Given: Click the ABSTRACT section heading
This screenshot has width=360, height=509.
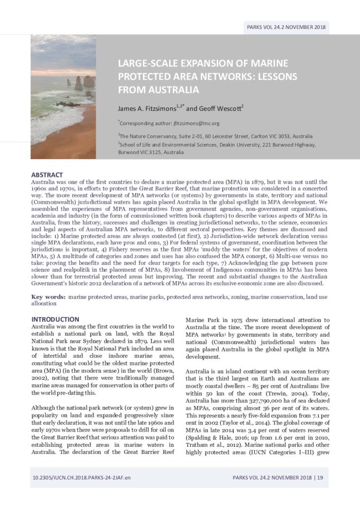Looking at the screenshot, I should tap(47, 175).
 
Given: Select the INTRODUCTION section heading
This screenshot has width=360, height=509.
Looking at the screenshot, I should tap(55, 319).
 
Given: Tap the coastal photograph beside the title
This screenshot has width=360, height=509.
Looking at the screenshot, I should tap(63, 97).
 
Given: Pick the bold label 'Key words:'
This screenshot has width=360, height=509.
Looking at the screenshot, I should tap(49, 296).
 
